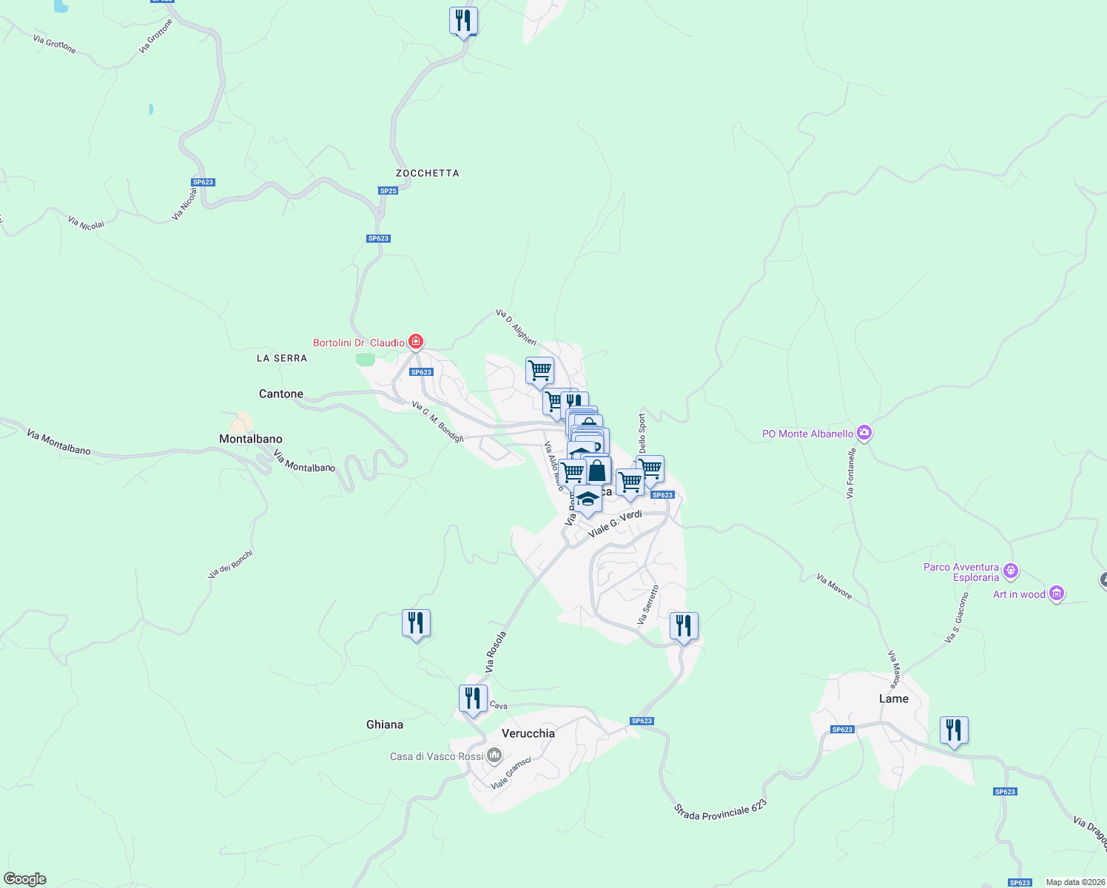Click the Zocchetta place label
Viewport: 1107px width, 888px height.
427,173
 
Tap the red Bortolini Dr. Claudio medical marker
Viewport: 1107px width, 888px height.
416,341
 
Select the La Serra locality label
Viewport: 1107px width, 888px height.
281,358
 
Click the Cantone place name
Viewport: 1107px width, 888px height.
281,394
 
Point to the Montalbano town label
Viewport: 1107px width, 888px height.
251,439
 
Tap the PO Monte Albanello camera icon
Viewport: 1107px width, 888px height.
864,433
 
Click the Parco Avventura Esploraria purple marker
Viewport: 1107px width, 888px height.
1012,571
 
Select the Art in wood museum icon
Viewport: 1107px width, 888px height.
1057,593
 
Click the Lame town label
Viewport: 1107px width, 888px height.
893,699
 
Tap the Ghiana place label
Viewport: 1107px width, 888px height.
385,724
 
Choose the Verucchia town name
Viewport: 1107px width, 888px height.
528,733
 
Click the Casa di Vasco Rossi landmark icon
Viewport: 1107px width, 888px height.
494,756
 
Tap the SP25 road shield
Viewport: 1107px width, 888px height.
388,191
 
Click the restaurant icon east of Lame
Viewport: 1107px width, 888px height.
954,731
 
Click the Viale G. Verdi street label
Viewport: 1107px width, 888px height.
615,523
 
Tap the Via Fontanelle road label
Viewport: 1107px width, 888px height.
852,472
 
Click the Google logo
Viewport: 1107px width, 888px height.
25,879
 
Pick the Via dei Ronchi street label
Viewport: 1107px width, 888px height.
230,564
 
